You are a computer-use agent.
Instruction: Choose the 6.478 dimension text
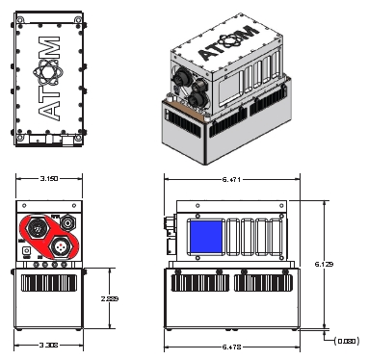point(231,344)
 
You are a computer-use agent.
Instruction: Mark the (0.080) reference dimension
point(346,339)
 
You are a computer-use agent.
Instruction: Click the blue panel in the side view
point(206,236)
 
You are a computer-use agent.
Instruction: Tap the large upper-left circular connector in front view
point(36,227)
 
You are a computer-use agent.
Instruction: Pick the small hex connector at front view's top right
point(68,222)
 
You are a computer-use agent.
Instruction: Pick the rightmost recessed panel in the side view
point(277,236)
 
